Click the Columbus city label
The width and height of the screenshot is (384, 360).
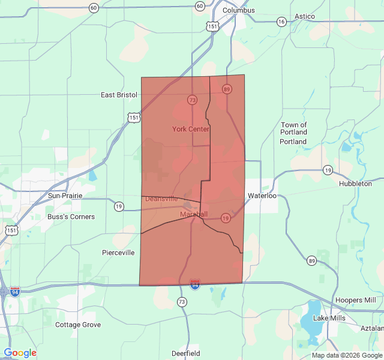click(238, 10)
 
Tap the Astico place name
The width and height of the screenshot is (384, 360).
click(304, 16)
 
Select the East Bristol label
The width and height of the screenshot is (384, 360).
click(119, 95)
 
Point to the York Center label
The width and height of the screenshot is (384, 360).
click(190, 129)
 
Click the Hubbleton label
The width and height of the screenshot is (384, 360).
click(355, 184)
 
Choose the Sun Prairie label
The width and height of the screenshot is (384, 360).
click(65, 196)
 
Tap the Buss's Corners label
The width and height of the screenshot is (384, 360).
click(71, 217)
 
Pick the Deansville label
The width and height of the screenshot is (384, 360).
click(161, 199)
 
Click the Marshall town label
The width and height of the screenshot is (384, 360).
click(193, 214)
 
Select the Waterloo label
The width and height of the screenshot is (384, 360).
click(262, 196)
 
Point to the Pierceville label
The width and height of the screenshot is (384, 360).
click(118, 253)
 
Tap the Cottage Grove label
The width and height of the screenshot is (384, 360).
click(78, 325)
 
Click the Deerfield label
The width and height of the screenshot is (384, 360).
click(185, 353)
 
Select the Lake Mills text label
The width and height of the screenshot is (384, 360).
click(329, 317)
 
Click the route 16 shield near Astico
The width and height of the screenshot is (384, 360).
click(281, 22)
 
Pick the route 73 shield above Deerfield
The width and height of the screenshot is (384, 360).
click(182, 302)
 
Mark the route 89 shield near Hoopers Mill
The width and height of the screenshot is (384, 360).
click(311, 260)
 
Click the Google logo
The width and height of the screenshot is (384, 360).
click(20, 353)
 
